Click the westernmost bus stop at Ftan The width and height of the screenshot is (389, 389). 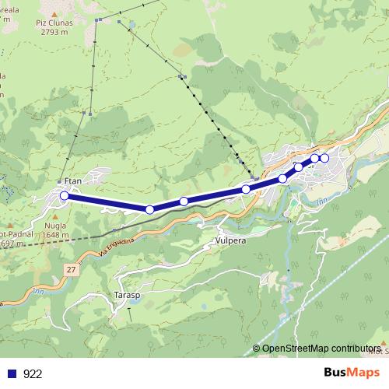click(x=65, y=196)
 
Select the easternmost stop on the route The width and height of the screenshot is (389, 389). click(x=324, y=159)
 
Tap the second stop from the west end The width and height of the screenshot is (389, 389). click(x=149, y=209)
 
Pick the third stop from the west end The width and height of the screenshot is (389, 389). click(x=184, y=202)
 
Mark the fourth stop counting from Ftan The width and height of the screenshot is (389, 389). click(x=246, y=189)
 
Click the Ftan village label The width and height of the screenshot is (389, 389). click(x=72, y=181)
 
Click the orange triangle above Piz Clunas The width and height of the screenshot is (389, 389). click(x=53, y=14)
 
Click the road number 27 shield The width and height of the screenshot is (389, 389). click(x=71, y=268)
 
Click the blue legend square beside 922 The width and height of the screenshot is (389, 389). click(x=12, y=373)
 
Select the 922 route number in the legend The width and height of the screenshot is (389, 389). click(x=33, y=373)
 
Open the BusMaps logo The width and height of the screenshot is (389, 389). click(x=353, y=373)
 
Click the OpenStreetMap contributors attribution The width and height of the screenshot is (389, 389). click(x=321, y=349)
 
